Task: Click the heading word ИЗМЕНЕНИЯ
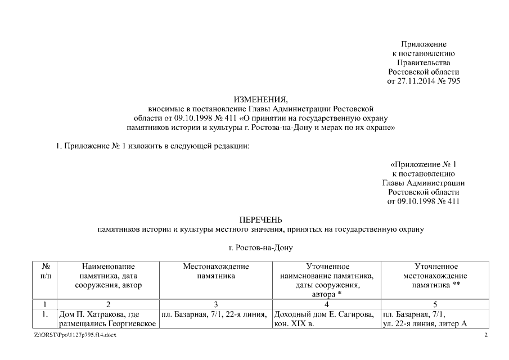point(260,100)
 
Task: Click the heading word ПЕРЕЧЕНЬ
point(260,220)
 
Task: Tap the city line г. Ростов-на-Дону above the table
point(260,247)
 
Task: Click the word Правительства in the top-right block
point(424,62)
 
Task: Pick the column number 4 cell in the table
point(326,304)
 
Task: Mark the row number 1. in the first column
point(44,313)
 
